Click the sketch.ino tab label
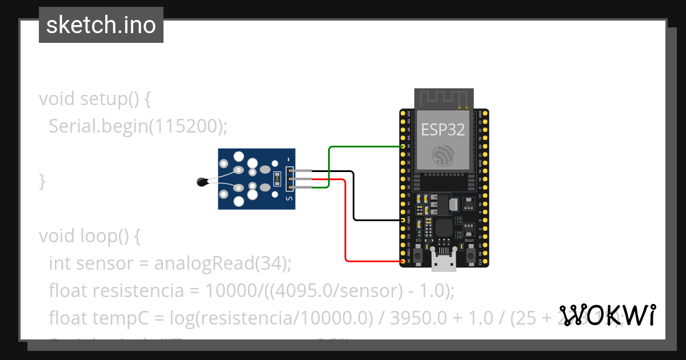point(101,25)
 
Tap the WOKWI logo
point(607,314)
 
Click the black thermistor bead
point(202,182)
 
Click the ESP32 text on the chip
point(443,129)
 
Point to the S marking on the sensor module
point(289,198)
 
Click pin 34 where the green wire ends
point(403,147)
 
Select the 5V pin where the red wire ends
point(403,261)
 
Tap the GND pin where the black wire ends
point(403,220)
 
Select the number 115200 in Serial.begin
point(185,126)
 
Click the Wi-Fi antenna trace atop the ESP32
point(443,98)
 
